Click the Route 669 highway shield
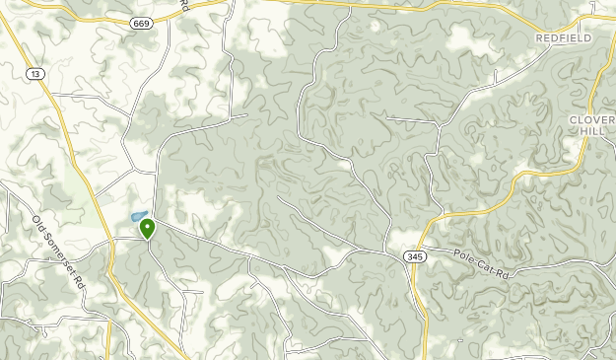pyautogui.click(x=144, y=23)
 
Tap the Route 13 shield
pyautogui.click(x=36, y=74)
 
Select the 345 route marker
pyautogui.click(x=413, y=256)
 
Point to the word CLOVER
pyautogui.click(x=592, y=119)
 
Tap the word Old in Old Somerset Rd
pyautogui.click(x=39, y=221)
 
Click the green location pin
pyautogui.click(x=148, y=229)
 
